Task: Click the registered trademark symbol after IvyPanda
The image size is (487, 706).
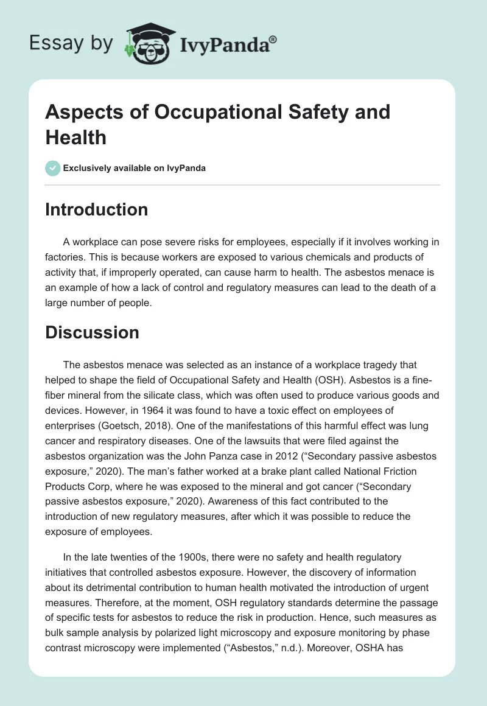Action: (x=273, y=40)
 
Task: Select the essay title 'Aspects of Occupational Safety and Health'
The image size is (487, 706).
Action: (x=217, y=124)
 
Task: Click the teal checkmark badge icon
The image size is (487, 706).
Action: (x=53, y=168)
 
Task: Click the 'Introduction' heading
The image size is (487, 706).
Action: (x=96, y=209)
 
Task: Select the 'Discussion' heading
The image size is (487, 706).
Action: (x=92, y=332)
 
